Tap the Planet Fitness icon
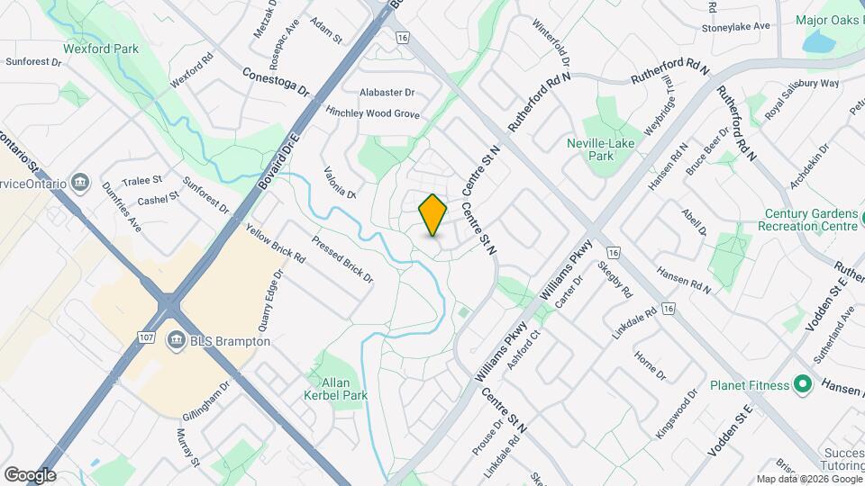[804, 386]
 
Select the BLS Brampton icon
[176, 341]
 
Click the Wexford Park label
[101, 49]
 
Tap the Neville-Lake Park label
[601, 149]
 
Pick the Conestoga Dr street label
[276, 81]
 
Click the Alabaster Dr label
[387, 93]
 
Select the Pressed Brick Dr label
[342, 259]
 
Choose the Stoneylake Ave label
[736, 27]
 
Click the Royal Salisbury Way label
[801, 97]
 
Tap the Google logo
[30, 474]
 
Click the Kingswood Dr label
[678, 414]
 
